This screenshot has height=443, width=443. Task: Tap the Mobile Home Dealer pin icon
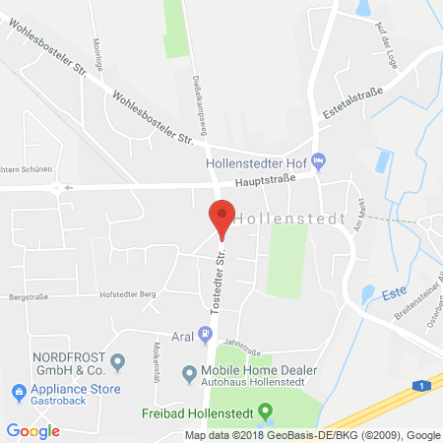(189, 374)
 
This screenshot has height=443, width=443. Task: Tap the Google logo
(33, 430)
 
